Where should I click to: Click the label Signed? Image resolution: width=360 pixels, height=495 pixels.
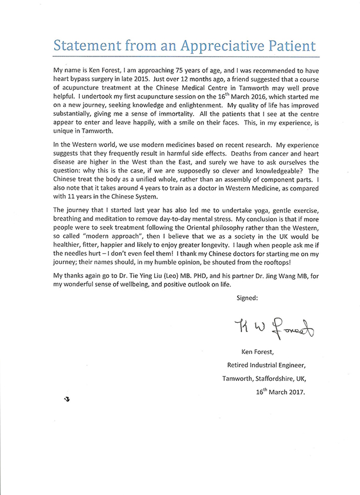247,298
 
